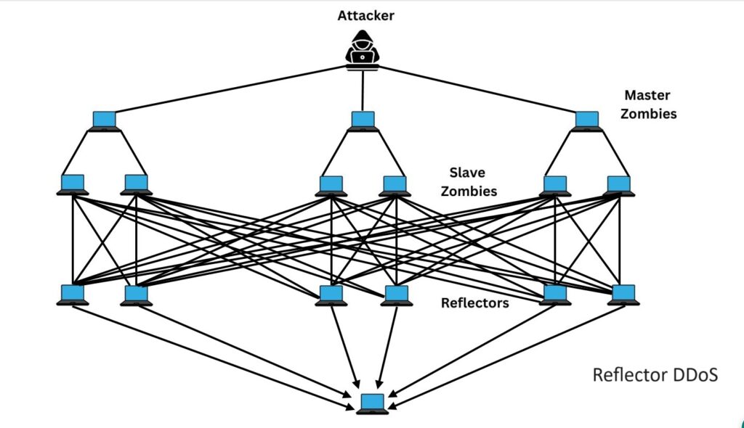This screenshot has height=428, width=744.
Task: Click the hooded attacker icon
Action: tap(363, 50)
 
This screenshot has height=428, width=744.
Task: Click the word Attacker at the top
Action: tap(365, 15)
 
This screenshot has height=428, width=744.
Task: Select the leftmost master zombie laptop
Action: tap(105, 120)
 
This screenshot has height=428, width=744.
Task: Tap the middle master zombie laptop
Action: tap(363, 120)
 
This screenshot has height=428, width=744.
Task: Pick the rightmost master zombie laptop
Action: tap(586, 120)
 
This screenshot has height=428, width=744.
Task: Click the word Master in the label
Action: tap(647, 96)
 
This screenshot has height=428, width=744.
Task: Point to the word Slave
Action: tap(466, 173)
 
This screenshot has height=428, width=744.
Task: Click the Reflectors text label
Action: tap(474, 303)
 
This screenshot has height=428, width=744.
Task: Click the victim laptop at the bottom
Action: tap(373, 403)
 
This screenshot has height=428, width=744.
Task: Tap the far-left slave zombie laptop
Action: tap(73, 184)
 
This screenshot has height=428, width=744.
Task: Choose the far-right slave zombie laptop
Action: tap(619, 185)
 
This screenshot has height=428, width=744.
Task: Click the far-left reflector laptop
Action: tap(73, 295)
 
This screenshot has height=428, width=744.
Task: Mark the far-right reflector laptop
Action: tap(623, 295)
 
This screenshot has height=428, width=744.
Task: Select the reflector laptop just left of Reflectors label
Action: tap(395, 295)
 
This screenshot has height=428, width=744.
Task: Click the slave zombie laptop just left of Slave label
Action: tap(393, 185)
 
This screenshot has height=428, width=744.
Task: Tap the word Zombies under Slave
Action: tap(473, 192)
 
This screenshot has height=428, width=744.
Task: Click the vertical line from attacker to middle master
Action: tap(363, 91)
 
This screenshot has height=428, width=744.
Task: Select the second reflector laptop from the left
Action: tap(136, 295)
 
